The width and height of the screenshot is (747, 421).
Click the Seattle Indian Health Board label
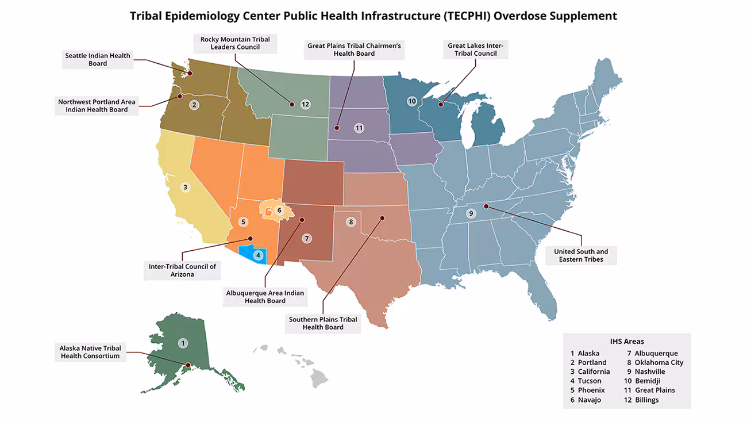[x=98, y=59]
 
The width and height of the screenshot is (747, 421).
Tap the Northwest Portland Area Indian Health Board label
[x=97, y=105]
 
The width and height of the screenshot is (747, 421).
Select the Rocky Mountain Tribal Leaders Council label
[x=235, y=43]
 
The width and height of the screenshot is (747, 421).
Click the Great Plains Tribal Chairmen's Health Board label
[x=354, y=49]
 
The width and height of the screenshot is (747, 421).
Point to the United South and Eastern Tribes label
[x=580, y=255]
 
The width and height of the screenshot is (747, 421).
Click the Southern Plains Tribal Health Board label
[x=323, y=323]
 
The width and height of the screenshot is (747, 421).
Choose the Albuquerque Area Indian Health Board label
[x=264, y=297]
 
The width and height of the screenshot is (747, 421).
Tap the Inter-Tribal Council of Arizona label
[x=182, y=270]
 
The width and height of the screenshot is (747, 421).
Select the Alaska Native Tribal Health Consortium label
[x=90, y=352]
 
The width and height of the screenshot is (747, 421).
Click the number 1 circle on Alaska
[x=183, y=343]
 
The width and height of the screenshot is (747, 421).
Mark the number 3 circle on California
[x=185, y=187]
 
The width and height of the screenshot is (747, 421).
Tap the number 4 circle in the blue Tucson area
[x=258, y=255]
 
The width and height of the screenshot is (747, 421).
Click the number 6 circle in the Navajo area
[x=279, y=210]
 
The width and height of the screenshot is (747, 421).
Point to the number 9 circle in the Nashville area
[x=471, y=213]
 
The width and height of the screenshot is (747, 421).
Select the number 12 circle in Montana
[x=305, y=104]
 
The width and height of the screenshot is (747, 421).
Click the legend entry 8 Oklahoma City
[x=655, y=362]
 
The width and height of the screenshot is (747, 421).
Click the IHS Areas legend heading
[x=626, y=341]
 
